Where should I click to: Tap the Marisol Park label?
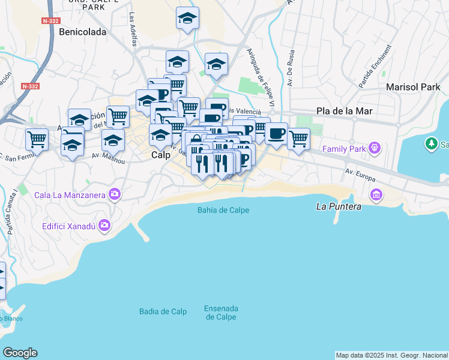pos(413,87)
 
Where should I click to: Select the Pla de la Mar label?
pos(345,111)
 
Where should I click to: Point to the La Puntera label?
pos(339,206)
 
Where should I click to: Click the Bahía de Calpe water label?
pos(223,210)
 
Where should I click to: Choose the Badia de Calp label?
pos(163,311)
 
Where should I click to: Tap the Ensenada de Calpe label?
pos(221,313)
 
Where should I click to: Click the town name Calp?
pos(160,155)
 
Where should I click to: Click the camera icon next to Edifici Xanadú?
pos(105,226)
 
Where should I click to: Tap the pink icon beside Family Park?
pos(375,147)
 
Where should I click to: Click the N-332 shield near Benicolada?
pos(50,21)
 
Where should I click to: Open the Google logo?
pos(20,353)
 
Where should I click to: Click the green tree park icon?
pos(431,144)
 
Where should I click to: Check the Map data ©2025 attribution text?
pos(392,355)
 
